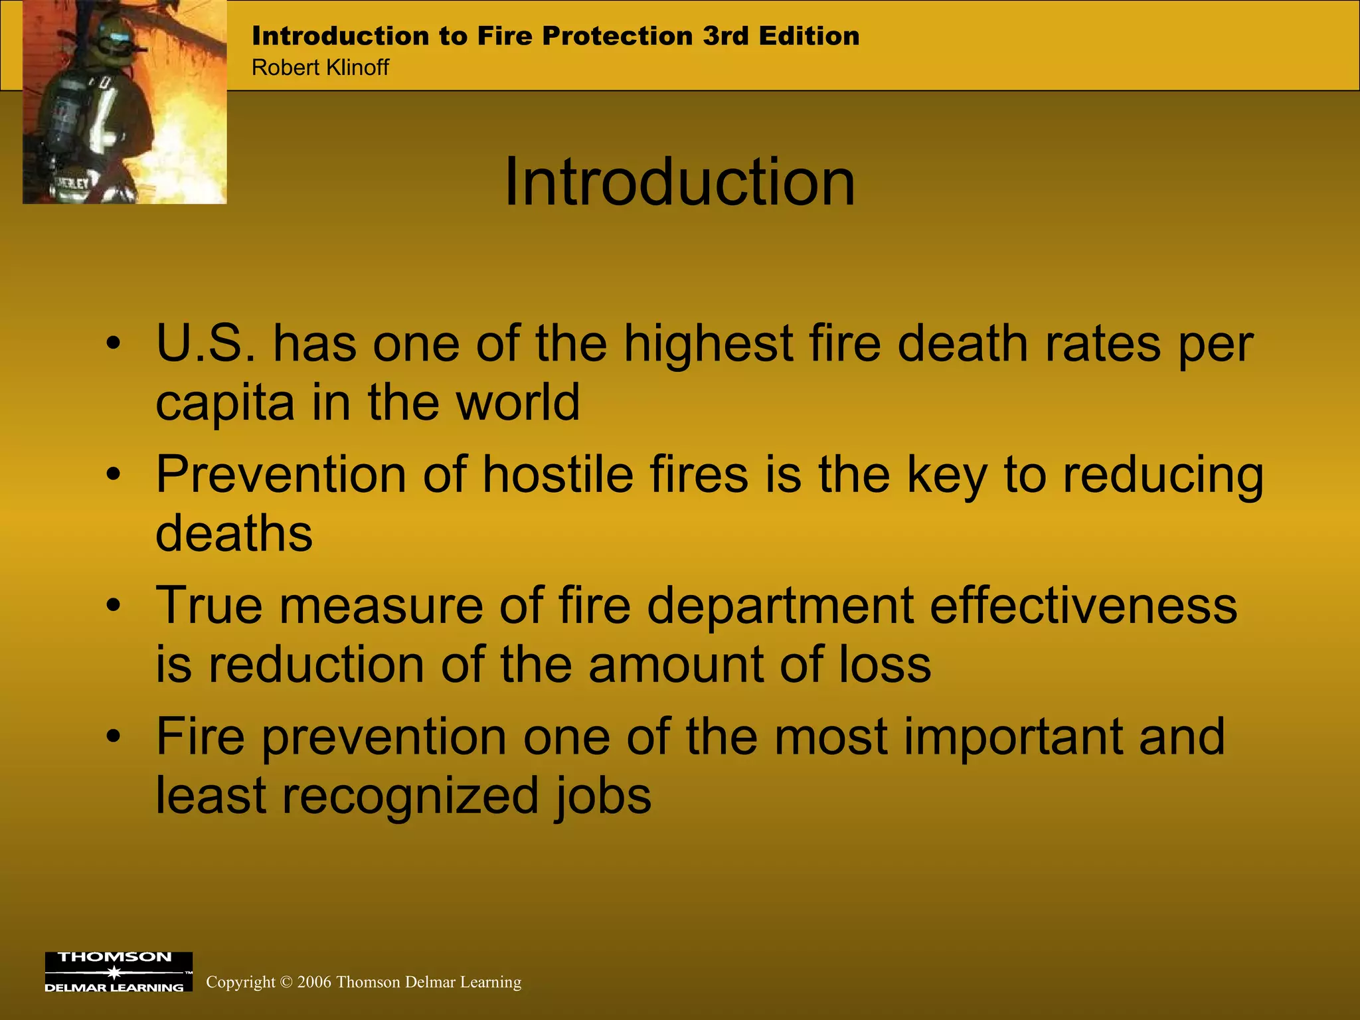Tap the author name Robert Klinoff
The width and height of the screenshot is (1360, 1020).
pos(320,68)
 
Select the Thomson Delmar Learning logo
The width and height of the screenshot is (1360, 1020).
pos(118,972)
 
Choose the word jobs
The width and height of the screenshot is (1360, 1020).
pos(603,796)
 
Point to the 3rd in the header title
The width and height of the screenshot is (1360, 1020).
pos(726,36)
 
